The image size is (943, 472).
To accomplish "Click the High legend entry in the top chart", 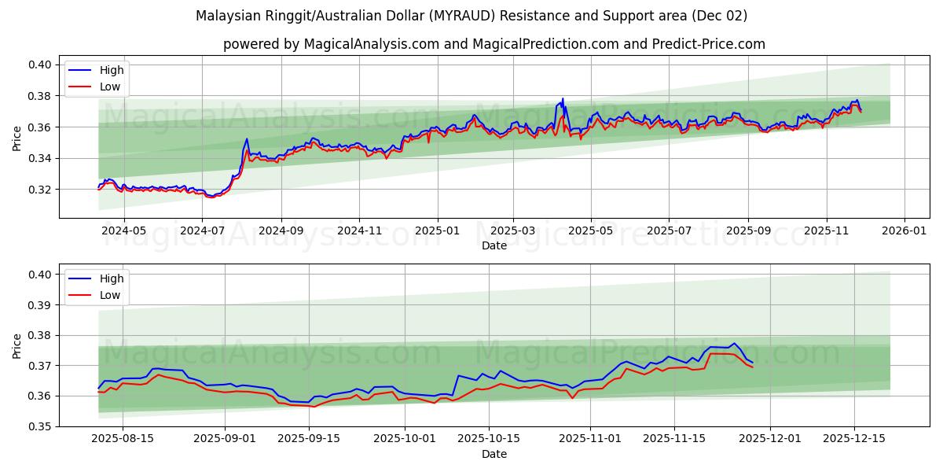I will click(x=111, y=70).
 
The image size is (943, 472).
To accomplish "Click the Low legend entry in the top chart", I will click(x=110, y=86).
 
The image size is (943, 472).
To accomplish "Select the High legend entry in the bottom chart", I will click(x=111, y=278).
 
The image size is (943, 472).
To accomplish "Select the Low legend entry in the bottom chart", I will click(x=110, y=295).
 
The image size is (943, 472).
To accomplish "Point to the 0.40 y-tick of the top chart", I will click(x=41, y=65).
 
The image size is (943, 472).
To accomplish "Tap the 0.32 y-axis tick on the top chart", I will click(x=41, y=190).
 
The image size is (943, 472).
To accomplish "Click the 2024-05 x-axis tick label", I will click(x=123, y=231).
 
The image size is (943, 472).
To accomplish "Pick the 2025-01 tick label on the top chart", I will click(x=437, y=231).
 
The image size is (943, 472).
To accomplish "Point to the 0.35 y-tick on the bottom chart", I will click(x=41, y=426).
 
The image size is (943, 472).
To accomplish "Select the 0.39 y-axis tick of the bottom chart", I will click(x=41, y=305).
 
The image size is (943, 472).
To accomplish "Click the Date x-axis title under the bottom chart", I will click(x=494, y=454).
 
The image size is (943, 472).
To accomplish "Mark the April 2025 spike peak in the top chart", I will click(x=563, y=99).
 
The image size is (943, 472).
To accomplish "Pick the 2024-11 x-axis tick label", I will click(x=359, y=231).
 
